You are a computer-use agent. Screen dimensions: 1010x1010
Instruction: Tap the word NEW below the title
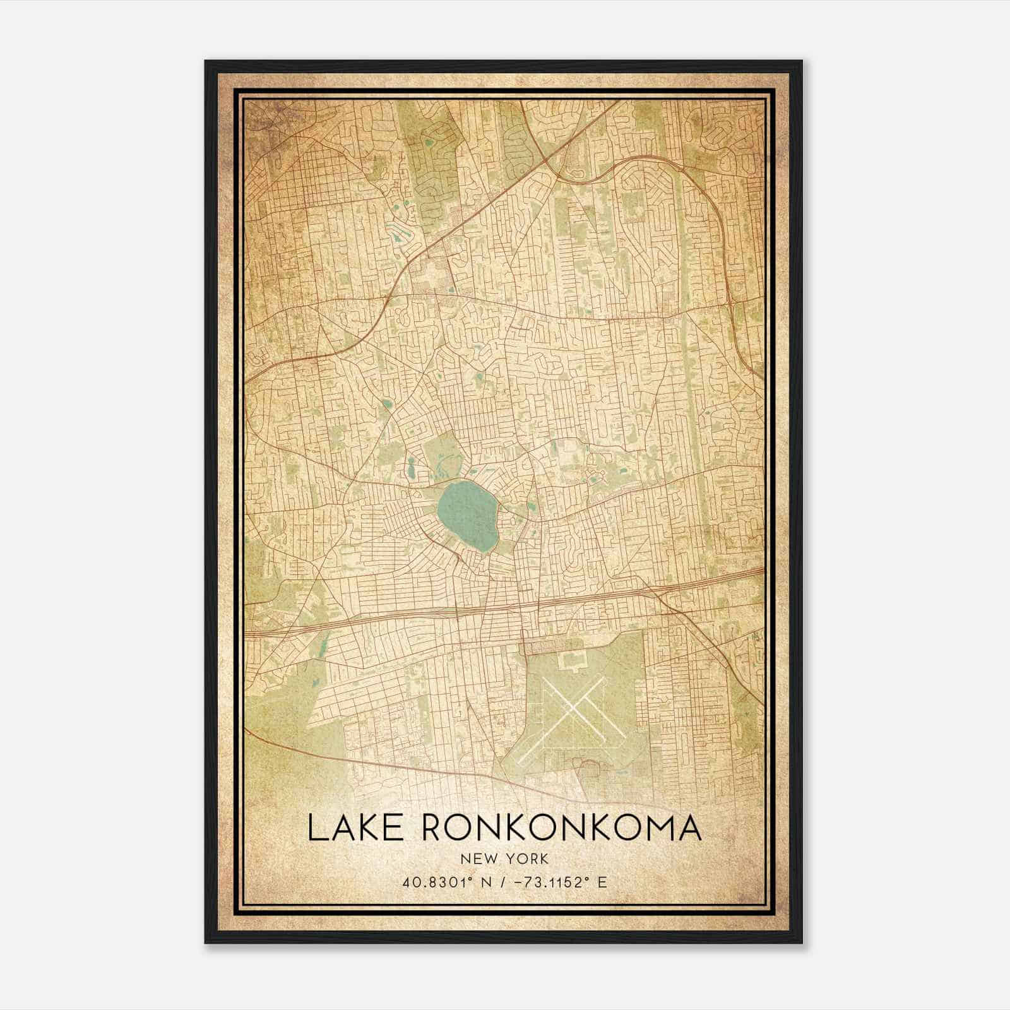pos(477,858)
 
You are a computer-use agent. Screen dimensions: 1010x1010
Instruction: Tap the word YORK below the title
pos(528,858)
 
